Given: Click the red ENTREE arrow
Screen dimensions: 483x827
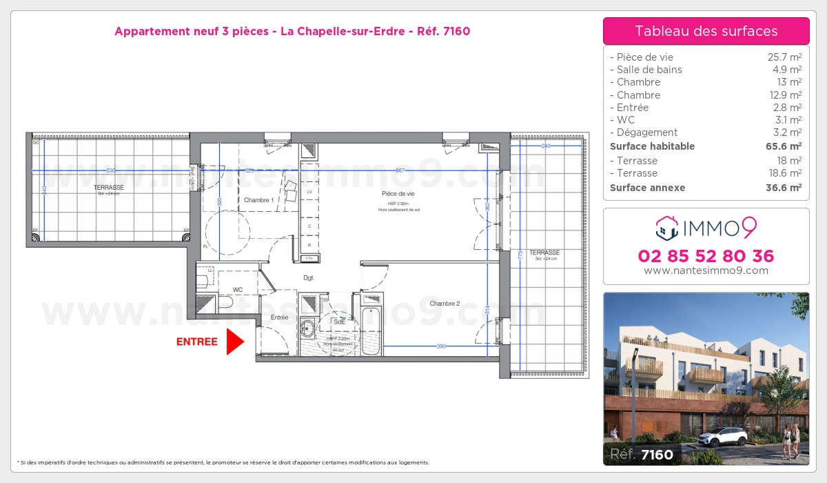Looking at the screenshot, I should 235,342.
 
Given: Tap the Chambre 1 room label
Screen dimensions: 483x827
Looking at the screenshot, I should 258,200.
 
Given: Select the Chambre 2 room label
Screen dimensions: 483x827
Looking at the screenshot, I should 445,304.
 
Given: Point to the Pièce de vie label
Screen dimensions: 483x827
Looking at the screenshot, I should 394,194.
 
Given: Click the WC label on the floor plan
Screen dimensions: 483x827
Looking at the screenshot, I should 238,290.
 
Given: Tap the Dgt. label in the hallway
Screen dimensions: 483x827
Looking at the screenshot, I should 309,278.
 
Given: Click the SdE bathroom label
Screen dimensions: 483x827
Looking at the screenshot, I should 339,322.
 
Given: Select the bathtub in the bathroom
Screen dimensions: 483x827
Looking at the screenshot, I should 367,324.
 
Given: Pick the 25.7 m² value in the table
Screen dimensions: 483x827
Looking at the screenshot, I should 786,57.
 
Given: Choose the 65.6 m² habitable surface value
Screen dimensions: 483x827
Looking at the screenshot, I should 785,146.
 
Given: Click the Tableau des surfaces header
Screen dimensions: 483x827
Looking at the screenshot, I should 706,31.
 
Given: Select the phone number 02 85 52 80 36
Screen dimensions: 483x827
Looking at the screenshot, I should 706,257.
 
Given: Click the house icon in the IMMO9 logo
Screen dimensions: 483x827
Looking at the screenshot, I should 666,226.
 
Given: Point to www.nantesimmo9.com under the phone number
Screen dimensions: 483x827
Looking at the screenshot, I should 706,270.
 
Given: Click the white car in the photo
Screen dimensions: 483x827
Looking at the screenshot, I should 722,436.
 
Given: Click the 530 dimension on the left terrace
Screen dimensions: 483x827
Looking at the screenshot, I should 110,170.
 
